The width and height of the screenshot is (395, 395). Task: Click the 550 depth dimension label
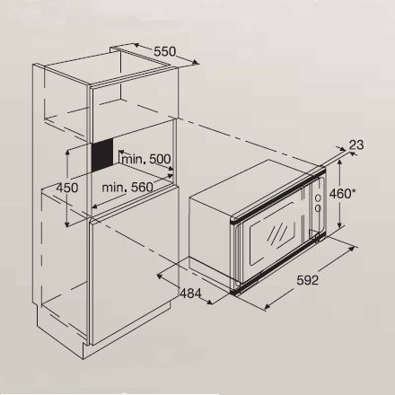point(164,51)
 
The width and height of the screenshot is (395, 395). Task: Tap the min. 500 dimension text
point(146,159)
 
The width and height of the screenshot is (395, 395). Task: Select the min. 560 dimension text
point(127,188)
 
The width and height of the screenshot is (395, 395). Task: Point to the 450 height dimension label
point(67,188)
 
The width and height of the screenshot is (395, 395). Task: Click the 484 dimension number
point(190,294)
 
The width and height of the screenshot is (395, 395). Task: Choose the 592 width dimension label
point(308,280)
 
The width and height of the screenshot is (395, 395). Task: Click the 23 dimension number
point(356,145)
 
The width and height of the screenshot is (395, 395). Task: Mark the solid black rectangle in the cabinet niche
point(102,155)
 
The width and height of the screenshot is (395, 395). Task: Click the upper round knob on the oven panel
point(318,197)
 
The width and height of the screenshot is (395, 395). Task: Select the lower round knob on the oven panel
point(318,208)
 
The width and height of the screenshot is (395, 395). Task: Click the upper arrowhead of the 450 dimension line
point(68,153)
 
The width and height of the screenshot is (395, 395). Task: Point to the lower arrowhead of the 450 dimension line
point(67,224)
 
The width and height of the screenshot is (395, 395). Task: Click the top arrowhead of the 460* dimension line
point(339,162)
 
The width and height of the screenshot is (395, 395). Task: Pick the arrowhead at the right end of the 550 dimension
point(196,62)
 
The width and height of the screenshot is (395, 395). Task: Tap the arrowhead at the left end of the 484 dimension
point(160,276)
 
